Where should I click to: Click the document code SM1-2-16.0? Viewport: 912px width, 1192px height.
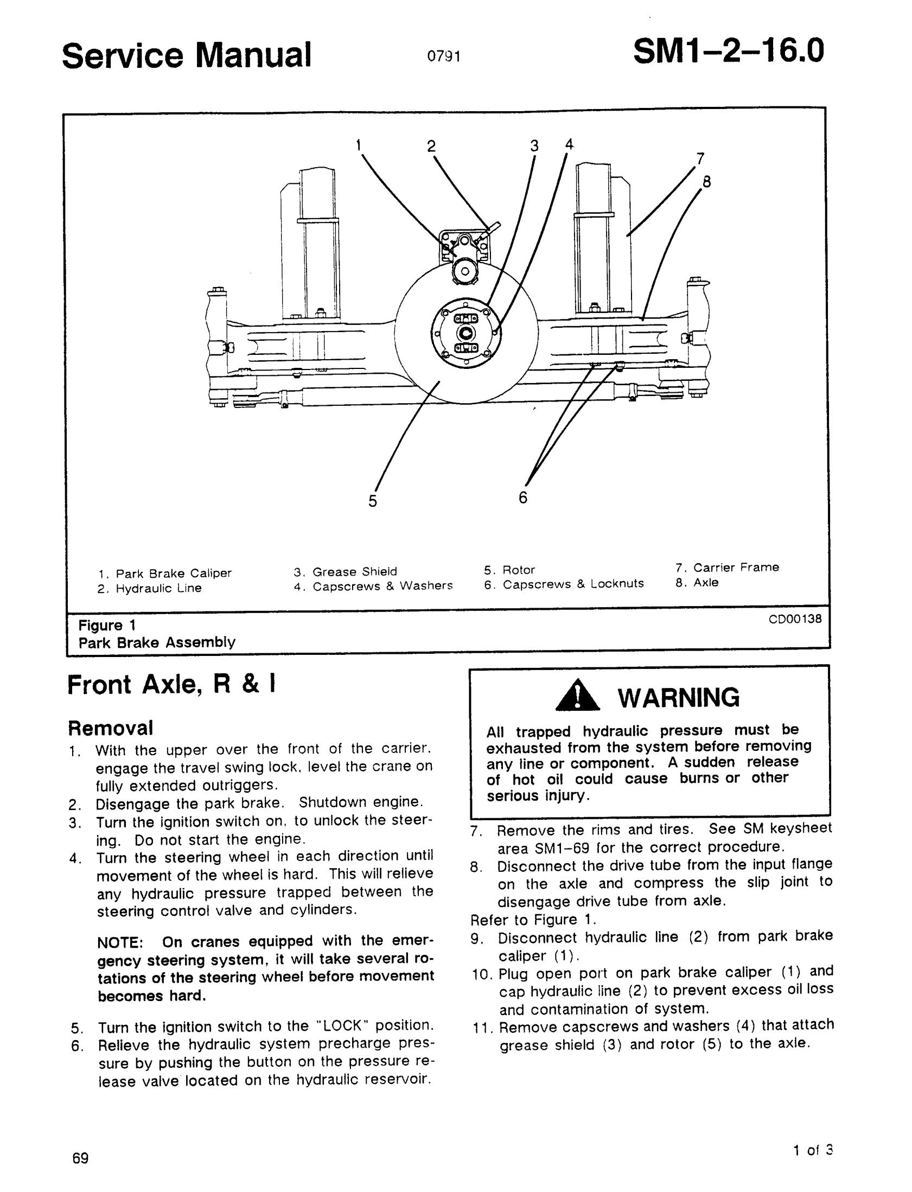(728, 52)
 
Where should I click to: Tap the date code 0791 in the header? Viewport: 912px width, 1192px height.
(443, 56)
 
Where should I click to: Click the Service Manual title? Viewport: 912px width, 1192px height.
(187, 55)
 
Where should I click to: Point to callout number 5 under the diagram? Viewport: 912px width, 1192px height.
(372, 501)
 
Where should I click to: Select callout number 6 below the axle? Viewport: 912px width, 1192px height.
(523, 497)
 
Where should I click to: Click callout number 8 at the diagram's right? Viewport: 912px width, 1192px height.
(706, 182)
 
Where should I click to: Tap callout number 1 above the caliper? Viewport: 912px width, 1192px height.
(358, 144)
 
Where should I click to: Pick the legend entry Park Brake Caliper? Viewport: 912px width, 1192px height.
(174, 573)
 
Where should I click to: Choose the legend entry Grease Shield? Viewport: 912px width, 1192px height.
(354, 571)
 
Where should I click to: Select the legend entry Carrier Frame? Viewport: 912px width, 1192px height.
(736, 567)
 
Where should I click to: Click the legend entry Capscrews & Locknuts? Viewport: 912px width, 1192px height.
(573, 584)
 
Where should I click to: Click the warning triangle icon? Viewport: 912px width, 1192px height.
(578, 698)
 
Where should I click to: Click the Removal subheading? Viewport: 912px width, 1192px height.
(110, 727)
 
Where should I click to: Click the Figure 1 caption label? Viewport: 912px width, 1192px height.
(106, 626)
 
